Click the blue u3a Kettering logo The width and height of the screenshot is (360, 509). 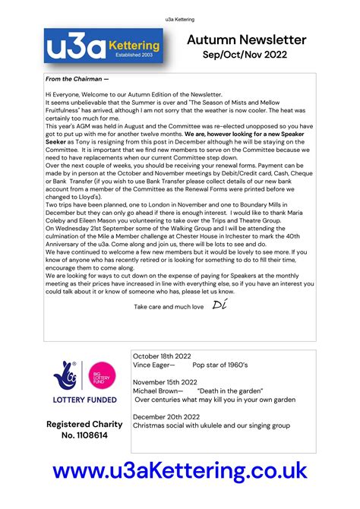(x=106, y=48)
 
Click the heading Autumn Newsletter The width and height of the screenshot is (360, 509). (x=246, y=40)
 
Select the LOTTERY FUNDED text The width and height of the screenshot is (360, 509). (x=84, y=400)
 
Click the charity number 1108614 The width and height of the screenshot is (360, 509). (x=84, y=435)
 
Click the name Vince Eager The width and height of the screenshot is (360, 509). (x=153, y=365)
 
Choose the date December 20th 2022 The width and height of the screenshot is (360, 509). (x=167, y=416)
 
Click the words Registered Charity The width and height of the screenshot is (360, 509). (x=84, y=424)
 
